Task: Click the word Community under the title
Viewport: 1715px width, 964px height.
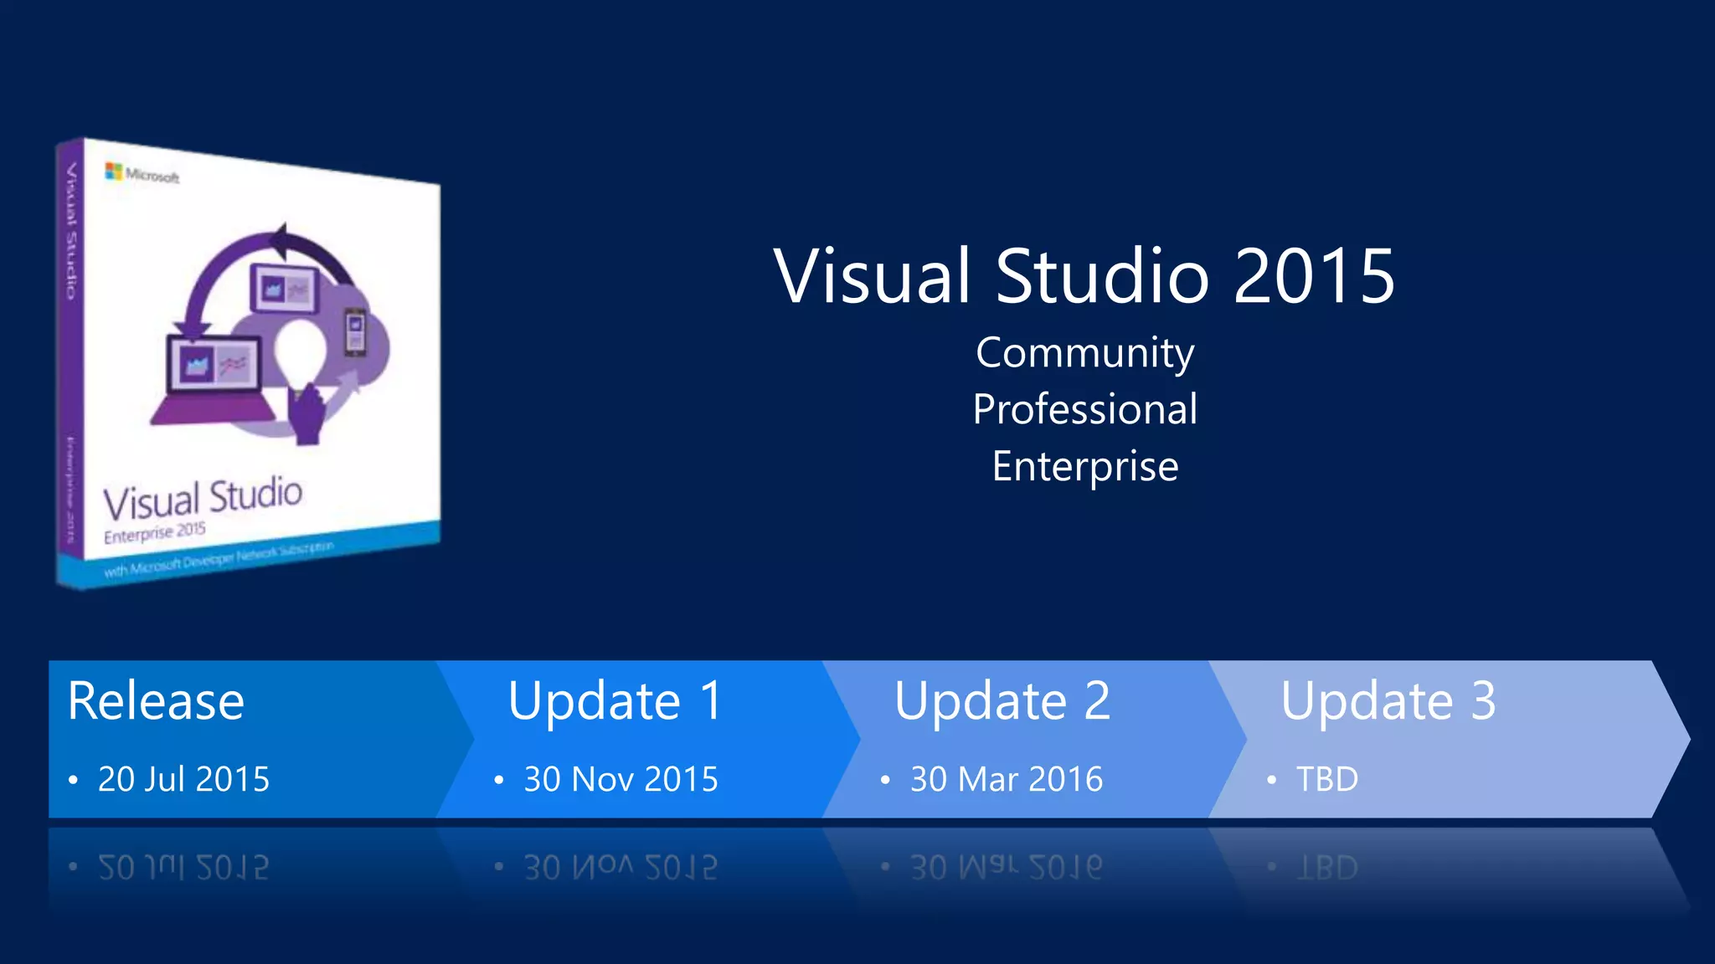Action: tap(1084, 353)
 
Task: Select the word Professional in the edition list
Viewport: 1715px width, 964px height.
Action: tap(1084, 409)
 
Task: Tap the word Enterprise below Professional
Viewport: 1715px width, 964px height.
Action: tap(1084, 466)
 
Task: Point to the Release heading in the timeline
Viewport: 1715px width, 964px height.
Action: tap(156, 700)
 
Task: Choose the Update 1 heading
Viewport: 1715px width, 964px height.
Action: tap(615, 700)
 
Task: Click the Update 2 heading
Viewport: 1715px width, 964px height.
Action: tap(1002, 700)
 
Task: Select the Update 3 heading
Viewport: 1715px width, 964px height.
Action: tap(1388, 700)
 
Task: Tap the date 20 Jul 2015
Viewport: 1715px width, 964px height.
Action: tap(183, 779)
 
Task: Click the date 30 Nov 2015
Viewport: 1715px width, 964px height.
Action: tap(621, 779)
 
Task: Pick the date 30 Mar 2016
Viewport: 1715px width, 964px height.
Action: tap(1007, 779)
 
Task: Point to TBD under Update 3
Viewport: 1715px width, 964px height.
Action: tap(1327, 779)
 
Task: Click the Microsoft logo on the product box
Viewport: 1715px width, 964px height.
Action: tap(114, 172)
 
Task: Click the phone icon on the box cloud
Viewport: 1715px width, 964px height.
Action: tap(356, 331)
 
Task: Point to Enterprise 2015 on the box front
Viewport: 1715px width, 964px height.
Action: tap(155, 532)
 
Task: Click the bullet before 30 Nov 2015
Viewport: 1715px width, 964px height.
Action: tap(499, 780)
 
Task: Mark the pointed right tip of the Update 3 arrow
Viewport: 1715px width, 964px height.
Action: tap(1687, 739)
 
